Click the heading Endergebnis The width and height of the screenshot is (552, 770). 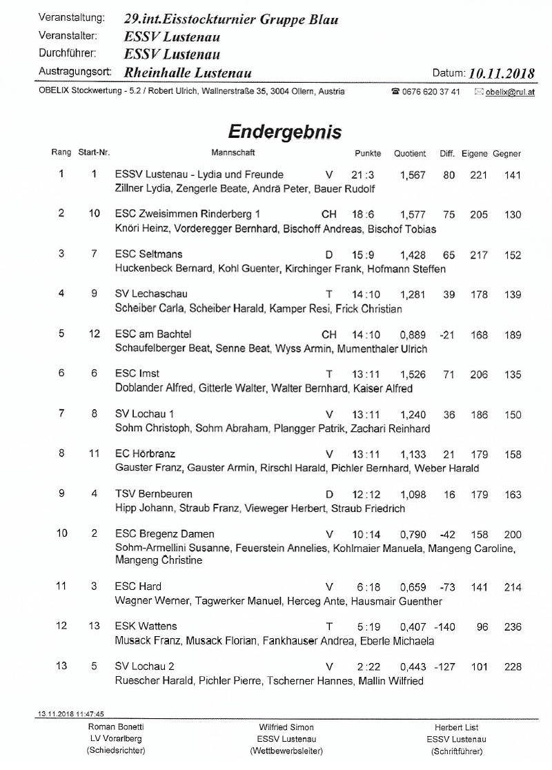pyautogui.click(x=284, y=131)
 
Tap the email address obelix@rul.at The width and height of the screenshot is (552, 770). pyautogui.click(x=509, y=92)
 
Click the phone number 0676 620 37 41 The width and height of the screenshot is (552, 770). pyautogui.click(x=431, y=92)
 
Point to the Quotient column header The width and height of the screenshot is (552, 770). pyautogui.click(x=410, y=154)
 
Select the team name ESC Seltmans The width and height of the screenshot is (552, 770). pyautogui.click(x=148, y=255)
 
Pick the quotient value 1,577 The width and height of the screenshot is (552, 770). pyautogui.click(x=413, y=215)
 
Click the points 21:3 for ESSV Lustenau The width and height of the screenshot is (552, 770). pyautogui.click(x=362, y=175)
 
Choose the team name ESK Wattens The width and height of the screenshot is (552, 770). pyautogui.click(x=146, y=626)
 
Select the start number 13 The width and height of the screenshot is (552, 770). pyautogui.click(x=95, y=626)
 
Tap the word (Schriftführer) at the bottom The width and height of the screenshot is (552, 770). pyautogui.click(x=457, y=751)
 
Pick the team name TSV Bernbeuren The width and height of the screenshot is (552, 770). pyautogui.click(x=153, y=495)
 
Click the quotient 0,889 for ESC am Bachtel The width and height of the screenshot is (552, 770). pyautogui.click(x=413, y=335)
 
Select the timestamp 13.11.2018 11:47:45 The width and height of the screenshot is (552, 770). pyautogui.click(x=67, y=714)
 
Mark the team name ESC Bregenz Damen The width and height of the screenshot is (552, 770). pyautogui.click(x=164, y=534)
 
